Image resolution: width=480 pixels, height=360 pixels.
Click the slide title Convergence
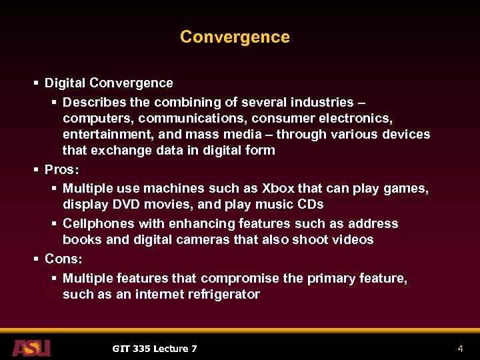tap(235, 37)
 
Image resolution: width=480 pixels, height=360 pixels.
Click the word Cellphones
tap(95, 224)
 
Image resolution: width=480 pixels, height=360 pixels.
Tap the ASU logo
tap(31, 348)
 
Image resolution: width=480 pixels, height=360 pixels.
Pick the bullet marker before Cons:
tap(35, 259)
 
